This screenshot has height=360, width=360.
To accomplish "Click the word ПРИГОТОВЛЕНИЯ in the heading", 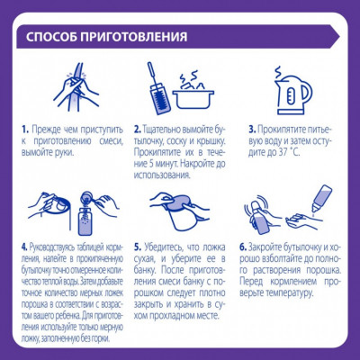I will [x=138, y=38].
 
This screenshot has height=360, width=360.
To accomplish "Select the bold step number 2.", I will [x=138, y=130].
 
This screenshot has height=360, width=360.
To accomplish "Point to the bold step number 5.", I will [x=138, y=245].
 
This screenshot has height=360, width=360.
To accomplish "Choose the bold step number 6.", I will [x=243, y=245].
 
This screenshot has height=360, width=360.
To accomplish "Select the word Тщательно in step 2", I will [x=166, y=130].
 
